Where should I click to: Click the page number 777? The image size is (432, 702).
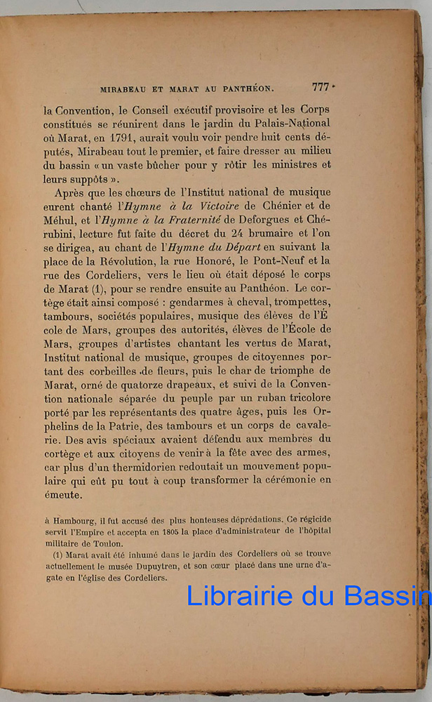pyautogui.click(x=320, y=87)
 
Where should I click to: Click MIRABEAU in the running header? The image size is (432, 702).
pyautogui.click(x=124, y=89)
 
